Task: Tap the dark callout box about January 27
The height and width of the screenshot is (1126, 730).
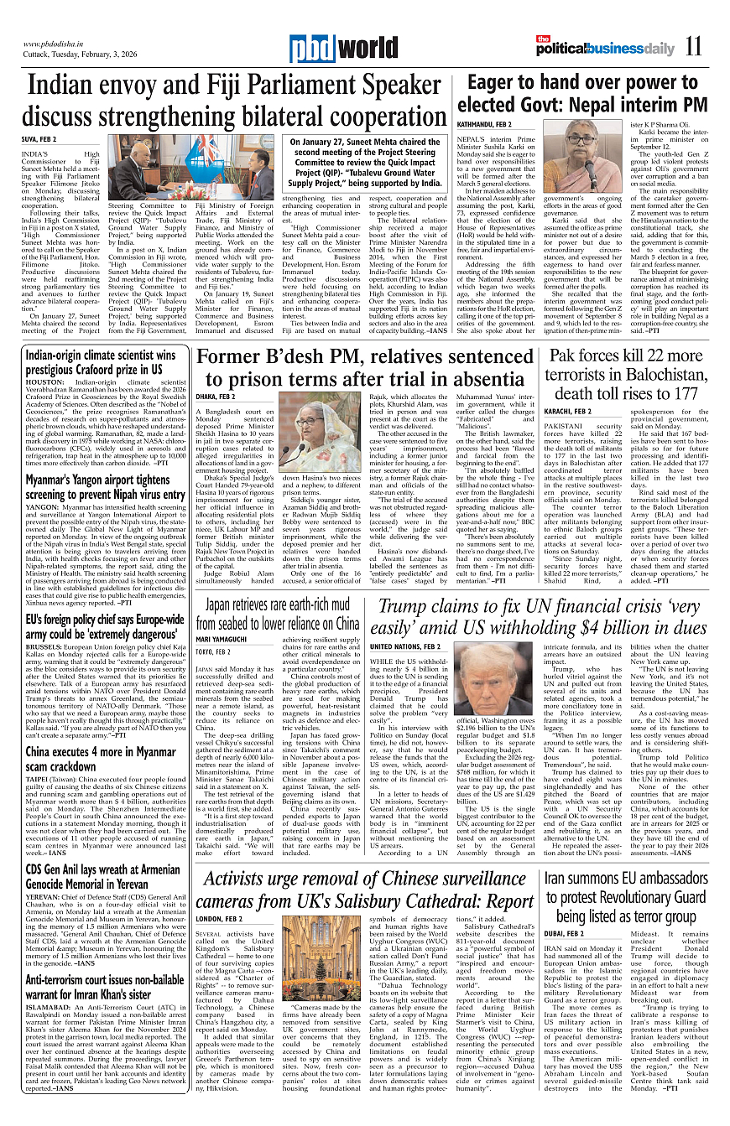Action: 366,163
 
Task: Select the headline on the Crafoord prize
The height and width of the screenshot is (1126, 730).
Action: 101,362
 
